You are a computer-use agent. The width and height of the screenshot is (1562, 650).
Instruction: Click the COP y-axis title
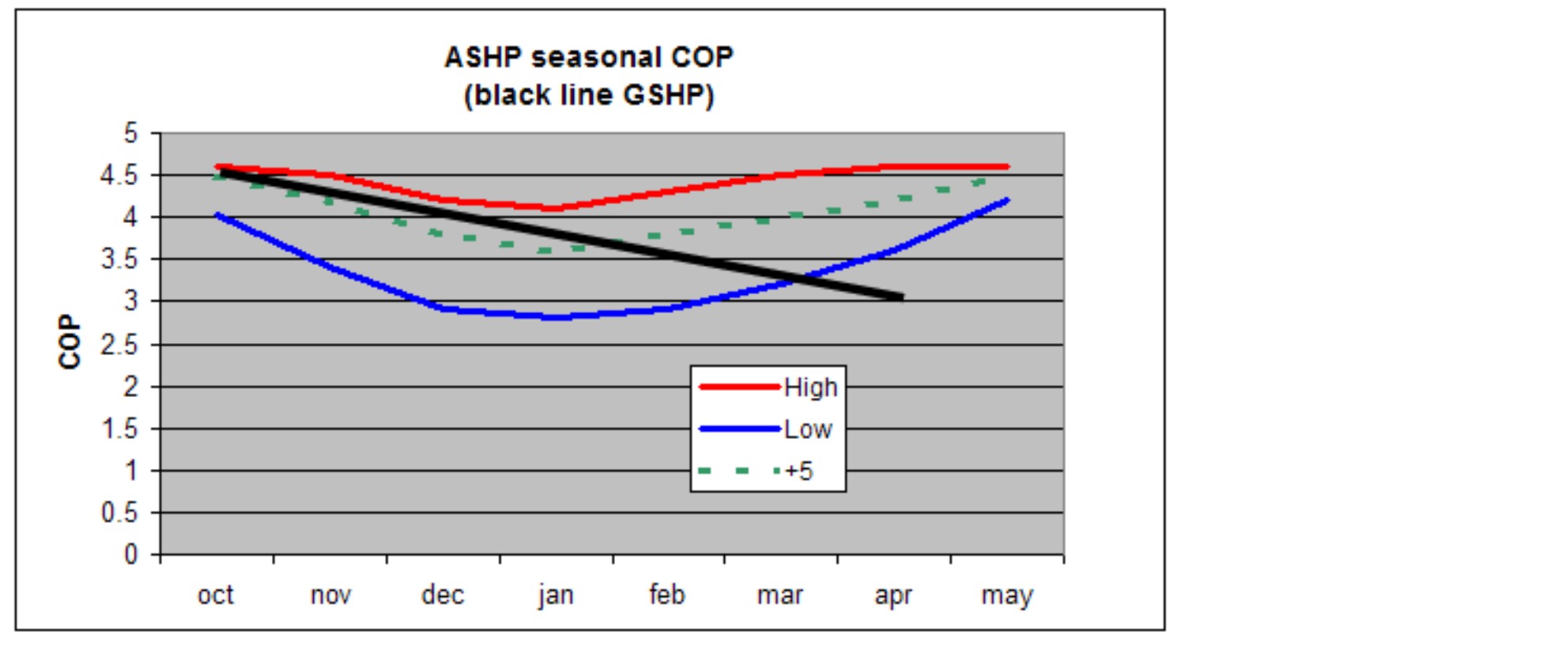tap(70, 342)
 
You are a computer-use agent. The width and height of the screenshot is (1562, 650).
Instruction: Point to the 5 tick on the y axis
tap(130, 134)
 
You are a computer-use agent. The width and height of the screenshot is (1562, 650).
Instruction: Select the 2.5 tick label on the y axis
tap(119, 345)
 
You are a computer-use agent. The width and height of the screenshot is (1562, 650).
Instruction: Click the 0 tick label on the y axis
tap(130, 555)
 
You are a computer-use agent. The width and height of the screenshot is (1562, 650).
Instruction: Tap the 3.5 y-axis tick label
tap(119, 259)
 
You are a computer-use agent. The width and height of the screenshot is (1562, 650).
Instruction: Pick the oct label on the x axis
tap(215, 595)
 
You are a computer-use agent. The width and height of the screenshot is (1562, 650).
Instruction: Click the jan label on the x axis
tap(556, 595)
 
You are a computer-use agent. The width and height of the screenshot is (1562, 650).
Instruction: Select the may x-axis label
tap(1006, 595)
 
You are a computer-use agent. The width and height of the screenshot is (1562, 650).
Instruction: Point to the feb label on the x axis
tap(667, 595)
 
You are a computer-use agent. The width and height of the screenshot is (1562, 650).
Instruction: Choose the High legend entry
tap(810, 387)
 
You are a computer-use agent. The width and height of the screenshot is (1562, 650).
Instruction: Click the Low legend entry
tap(807, 429)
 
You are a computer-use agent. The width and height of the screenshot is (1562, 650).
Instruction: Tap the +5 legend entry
tap(798, 471)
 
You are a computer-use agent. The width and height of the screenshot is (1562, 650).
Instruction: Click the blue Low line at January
tap(556, 317)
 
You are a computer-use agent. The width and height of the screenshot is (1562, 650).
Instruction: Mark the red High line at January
tap(556, 208)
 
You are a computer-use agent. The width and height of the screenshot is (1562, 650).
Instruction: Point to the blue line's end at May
tap(1006, 200)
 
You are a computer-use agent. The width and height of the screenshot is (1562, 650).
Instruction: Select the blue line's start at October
tap(217, 214)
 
